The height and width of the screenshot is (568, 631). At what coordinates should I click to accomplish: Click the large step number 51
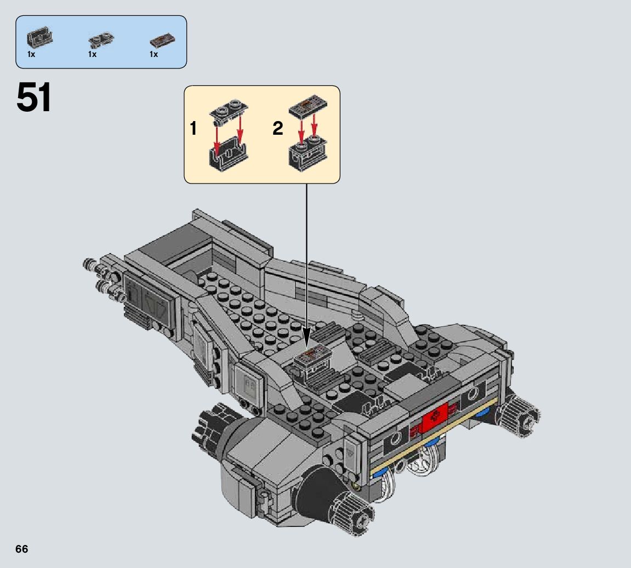pos(34,97)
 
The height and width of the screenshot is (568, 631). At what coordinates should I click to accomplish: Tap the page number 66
pos(22,549)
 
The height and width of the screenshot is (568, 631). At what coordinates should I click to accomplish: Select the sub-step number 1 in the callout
pos(194,129)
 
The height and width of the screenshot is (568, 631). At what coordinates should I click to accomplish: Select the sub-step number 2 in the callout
pos(277,129)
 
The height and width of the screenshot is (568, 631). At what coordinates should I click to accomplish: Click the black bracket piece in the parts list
pos(40,38)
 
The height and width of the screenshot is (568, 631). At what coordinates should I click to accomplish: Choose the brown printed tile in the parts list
pos(163,41)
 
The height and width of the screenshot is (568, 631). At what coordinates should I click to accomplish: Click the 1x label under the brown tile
pos(154,54)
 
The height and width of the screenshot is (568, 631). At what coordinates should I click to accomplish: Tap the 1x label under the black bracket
pos(31,54)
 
